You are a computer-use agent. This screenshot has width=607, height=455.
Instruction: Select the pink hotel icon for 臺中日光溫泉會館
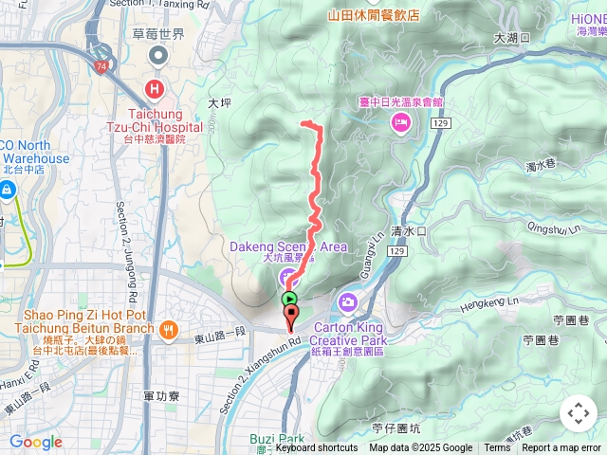point(401,121)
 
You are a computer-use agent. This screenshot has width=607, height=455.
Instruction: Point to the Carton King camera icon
point(347,302)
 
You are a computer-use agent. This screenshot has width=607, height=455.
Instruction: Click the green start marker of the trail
point(289,299)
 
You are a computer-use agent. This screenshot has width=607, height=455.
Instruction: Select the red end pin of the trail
point(291,315)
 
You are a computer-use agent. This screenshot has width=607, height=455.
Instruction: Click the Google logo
point(35,442)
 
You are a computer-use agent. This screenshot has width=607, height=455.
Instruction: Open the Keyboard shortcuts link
point(317,448)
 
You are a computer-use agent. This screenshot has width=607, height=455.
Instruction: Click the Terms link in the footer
point(497,448)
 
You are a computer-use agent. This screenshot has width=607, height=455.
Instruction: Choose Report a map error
point(561,448)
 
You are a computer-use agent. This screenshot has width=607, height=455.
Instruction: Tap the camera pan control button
point(578,413)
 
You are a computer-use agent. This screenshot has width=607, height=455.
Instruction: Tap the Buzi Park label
point(277,439)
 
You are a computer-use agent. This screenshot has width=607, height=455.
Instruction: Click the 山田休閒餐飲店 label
point(374,15)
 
